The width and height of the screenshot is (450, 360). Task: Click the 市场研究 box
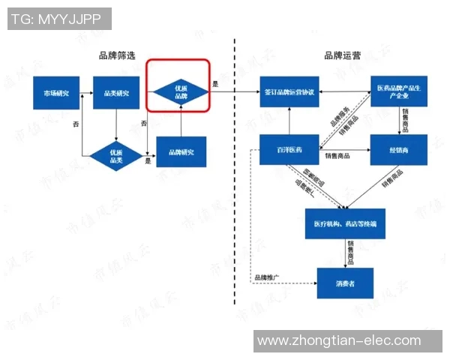pos(56,93)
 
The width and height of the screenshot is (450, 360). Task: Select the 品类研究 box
pos(116,93)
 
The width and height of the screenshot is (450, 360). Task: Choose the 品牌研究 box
pos(181,152)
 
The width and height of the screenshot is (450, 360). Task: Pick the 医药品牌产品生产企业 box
pos(398,91)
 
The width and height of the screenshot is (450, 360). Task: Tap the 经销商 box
pos(398,151)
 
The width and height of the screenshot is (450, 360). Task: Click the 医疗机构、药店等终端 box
pos(345,223)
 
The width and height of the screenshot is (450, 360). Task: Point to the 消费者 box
pos(345,283)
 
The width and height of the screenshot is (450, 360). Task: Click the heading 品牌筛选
pos(116,55)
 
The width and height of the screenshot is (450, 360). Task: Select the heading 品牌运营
pos(342,55)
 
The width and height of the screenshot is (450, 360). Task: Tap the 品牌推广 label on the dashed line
pos(266,277)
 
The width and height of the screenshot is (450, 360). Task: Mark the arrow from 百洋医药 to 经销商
pos(345,151)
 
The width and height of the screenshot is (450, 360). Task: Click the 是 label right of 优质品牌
pos(215,84)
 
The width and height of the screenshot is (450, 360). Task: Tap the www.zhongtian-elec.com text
pos(339,341)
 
